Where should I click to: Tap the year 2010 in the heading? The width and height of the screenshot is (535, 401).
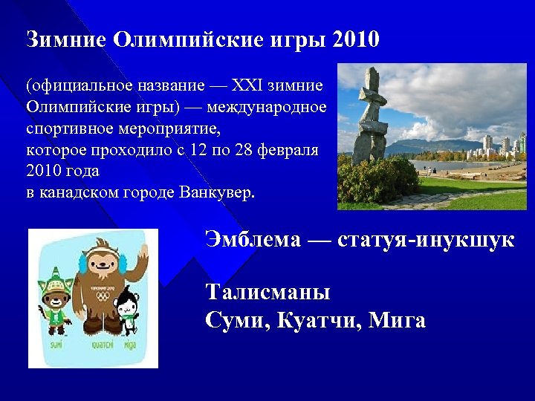point(356,39)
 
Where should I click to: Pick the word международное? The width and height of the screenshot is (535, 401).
point(267,108)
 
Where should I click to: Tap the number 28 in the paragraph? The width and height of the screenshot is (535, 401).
point(241,150)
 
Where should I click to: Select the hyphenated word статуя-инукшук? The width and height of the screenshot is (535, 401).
point(425,240)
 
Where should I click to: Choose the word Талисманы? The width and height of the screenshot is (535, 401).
point(267,292)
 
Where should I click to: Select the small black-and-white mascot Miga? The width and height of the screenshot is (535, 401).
point(129,308)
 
